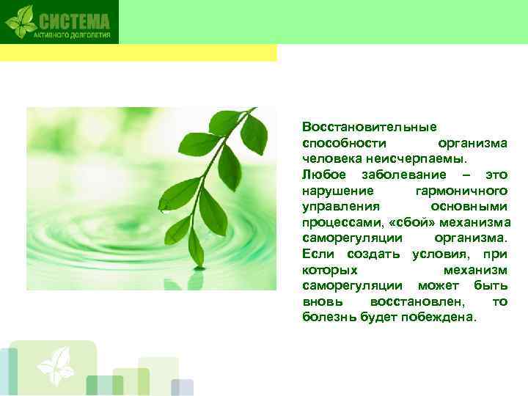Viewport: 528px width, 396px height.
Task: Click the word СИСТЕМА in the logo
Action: coord(74,21)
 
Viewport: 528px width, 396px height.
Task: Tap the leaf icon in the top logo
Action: coord(21,21)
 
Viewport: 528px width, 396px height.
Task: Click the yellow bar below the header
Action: coord(139,53)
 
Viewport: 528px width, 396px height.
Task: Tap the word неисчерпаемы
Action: coord(433,158)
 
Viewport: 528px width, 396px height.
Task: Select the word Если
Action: coord(317,254)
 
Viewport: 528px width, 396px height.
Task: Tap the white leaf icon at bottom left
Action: coord(56,364)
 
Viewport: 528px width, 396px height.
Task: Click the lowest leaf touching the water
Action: coord(196,249)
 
